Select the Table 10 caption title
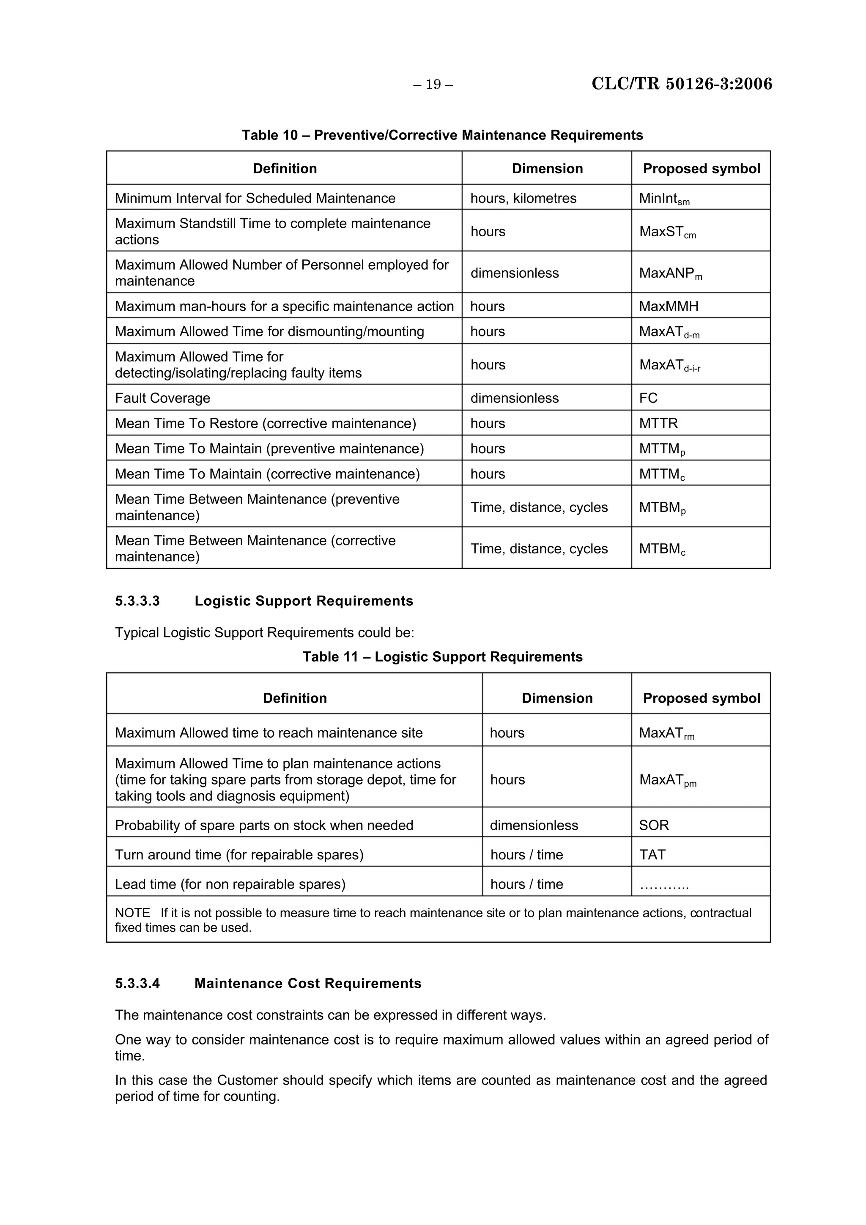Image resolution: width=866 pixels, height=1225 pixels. click(442, 135)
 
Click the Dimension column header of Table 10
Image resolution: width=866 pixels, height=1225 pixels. click(547, 169)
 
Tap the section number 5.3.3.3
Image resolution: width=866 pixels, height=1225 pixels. click(137, 601)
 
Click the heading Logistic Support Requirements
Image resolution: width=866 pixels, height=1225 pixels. click(304, 601)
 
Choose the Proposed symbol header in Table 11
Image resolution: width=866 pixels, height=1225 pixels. click(701, 698)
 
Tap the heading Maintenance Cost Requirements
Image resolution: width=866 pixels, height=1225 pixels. click(307, 983)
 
